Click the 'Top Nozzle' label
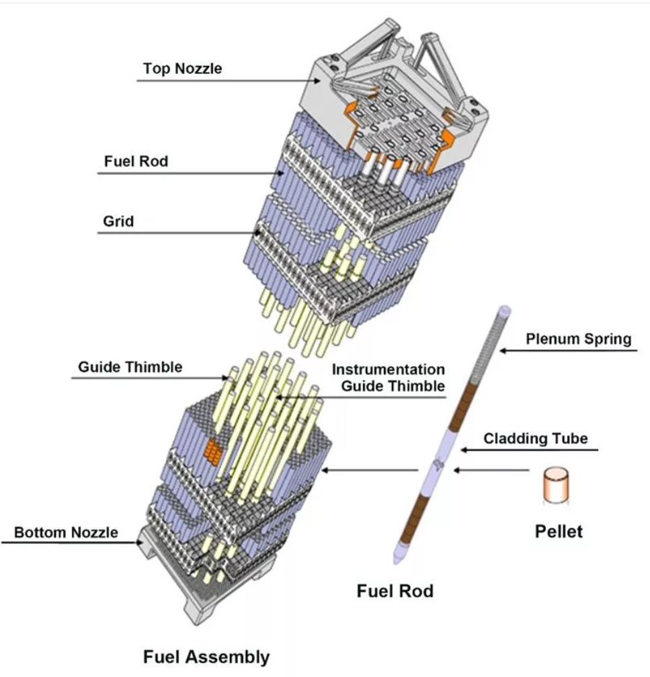click(x=182, y=69)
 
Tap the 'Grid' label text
click(x=118, y=221)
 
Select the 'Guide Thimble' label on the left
click(x=130, y=367)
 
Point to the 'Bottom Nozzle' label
click(x=66, y=532)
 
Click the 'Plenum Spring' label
click(x=579, y=338)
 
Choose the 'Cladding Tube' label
click(x=536, y=439)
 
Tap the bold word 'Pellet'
click(x=559, y=531)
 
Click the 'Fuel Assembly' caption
click(x=206, y=656)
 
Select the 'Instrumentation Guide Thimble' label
click(x=389, y=378)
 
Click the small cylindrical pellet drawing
click(x=556, y=484)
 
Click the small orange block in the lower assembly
click(x=213, y=451)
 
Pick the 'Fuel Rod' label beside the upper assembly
click(x=136, y=162)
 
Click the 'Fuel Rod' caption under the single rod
click(x=395, y=591)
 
